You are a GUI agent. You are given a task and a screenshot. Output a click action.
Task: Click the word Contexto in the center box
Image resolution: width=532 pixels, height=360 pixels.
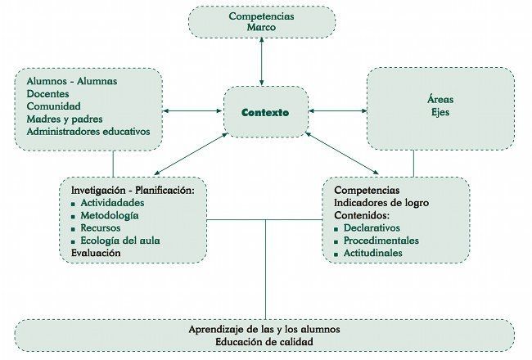265,112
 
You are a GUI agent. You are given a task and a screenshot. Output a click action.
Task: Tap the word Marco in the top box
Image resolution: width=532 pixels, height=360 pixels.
261,28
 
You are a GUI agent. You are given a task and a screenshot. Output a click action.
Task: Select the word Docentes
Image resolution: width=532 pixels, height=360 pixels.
47,93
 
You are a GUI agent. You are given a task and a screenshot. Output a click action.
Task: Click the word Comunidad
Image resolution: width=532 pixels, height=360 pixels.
53,106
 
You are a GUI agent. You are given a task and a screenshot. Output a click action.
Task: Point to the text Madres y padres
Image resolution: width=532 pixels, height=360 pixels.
65,119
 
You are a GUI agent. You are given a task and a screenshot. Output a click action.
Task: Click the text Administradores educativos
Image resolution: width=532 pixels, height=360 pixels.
88,132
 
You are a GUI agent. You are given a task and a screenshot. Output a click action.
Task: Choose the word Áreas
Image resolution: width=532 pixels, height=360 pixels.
440,99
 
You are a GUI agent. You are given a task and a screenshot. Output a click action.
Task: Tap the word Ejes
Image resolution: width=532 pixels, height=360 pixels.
440,112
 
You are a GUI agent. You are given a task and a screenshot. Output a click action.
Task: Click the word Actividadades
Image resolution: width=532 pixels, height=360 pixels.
112,203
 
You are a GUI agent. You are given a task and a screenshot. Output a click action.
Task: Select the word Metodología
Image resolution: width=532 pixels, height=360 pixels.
110,216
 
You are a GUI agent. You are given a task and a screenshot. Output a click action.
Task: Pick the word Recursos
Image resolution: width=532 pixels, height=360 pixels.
101,228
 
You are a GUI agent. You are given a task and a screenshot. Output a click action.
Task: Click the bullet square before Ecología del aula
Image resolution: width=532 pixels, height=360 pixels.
73,242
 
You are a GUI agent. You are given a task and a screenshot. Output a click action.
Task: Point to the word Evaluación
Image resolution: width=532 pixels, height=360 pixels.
96,253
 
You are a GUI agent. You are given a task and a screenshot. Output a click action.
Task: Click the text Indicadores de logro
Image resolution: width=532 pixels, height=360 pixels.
381,203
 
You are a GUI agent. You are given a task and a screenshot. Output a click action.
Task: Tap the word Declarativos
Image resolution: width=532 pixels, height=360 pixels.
372,228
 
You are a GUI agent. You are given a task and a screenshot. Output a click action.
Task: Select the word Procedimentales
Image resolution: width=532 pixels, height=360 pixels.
381,241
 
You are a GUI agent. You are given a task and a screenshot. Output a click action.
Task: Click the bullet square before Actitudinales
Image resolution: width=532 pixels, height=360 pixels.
336,254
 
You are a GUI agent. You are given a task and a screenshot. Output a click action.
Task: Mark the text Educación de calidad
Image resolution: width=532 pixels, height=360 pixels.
264,342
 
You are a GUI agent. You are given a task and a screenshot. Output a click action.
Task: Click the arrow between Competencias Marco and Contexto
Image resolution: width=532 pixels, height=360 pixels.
261,61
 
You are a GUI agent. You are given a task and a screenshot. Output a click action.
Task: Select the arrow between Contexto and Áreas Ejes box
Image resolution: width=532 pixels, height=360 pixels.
338,110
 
